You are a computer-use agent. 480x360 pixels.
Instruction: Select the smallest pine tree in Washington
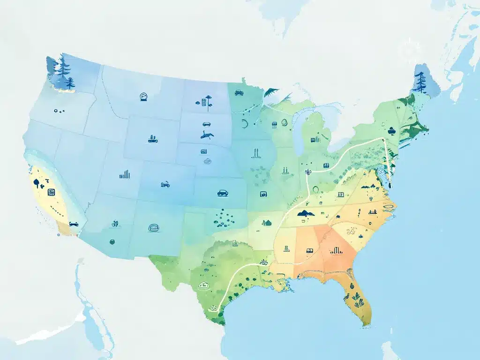[70, 83]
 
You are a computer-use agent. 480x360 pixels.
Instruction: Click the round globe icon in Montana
[143, 97]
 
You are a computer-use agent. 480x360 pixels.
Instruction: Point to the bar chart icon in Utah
[125, 175]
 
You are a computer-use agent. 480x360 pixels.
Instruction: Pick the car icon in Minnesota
[239, 92]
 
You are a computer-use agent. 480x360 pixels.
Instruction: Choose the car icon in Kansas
[222, 192]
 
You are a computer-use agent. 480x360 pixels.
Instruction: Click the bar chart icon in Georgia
[334, 250]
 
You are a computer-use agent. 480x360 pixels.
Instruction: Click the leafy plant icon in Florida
[357, 297]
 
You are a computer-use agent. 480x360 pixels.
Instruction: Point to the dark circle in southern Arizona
[112, 242]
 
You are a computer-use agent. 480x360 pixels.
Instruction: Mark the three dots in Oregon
[59, 111]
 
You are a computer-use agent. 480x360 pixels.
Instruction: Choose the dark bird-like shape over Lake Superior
[271, 92]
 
